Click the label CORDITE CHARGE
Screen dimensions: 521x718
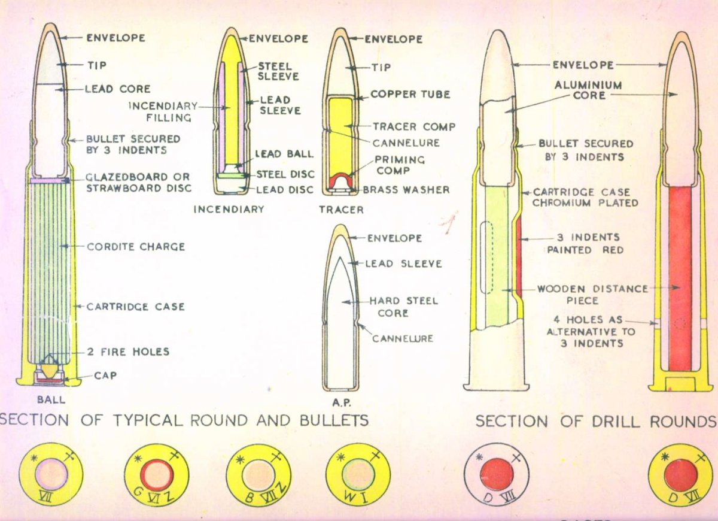136,247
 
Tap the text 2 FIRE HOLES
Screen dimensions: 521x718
128,352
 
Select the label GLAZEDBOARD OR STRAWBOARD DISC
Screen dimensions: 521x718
138,183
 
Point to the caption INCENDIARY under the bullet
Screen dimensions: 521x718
229,210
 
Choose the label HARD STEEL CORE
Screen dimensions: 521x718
403,307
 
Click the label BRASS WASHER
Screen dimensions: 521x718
406,190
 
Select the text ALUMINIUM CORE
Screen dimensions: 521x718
588,90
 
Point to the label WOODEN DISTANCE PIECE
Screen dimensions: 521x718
592,294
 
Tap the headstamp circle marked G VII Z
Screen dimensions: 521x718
156,475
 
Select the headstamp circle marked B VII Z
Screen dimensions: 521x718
258,475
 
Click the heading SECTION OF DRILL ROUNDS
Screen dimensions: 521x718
596,422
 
